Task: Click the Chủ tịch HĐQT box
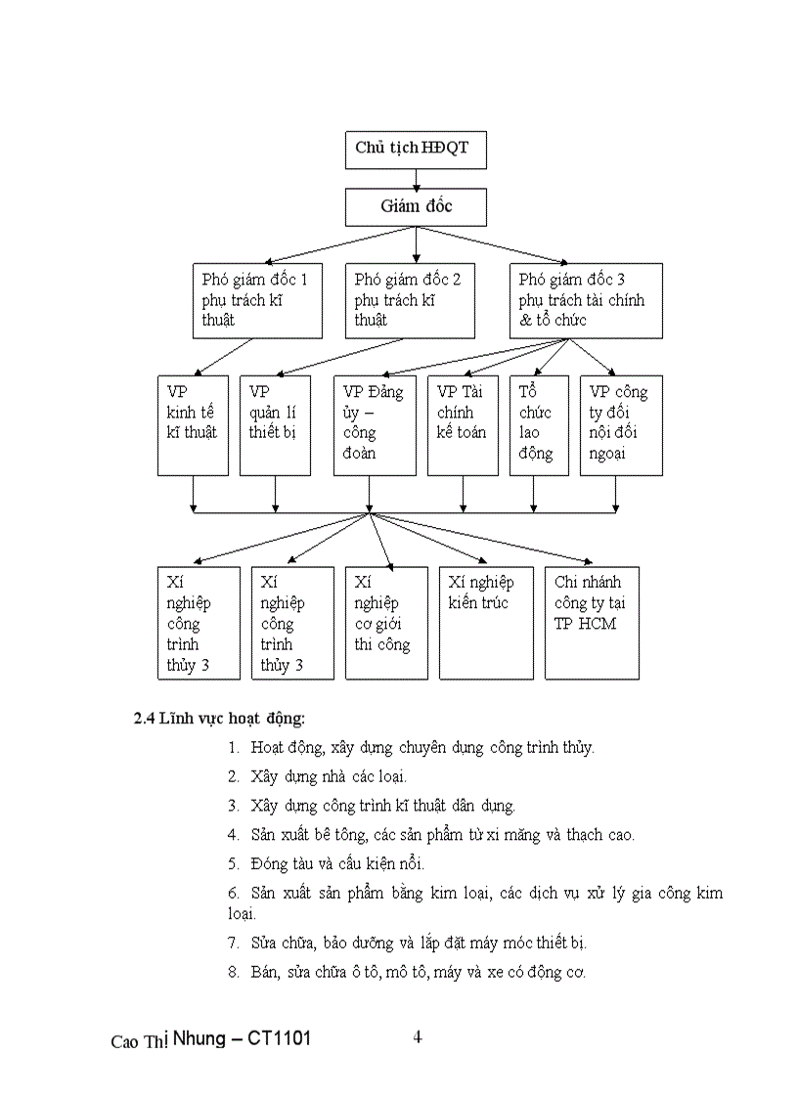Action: (416, 148)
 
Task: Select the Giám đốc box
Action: (416, 206)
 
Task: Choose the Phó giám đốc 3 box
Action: (586, 300)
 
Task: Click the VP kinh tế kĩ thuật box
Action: (194, 424)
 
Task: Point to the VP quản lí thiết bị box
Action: (275, 424)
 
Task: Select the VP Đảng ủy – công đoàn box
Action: (375, 424)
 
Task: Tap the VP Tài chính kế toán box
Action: (463, 424)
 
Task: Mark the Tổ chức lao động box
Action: (538, 424)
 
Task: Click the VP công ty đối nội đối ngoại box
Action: (614, 424)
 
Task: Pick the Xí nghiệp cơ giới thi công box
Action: (386, 622)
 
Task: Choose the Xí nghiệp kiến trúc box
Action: (486, 622)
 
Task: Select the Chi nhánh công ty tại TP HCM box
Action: (592, 622)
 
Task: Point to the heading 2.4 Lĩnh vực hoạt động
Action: (220, 719)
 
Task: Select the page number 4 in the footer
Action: (418, 1036)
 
